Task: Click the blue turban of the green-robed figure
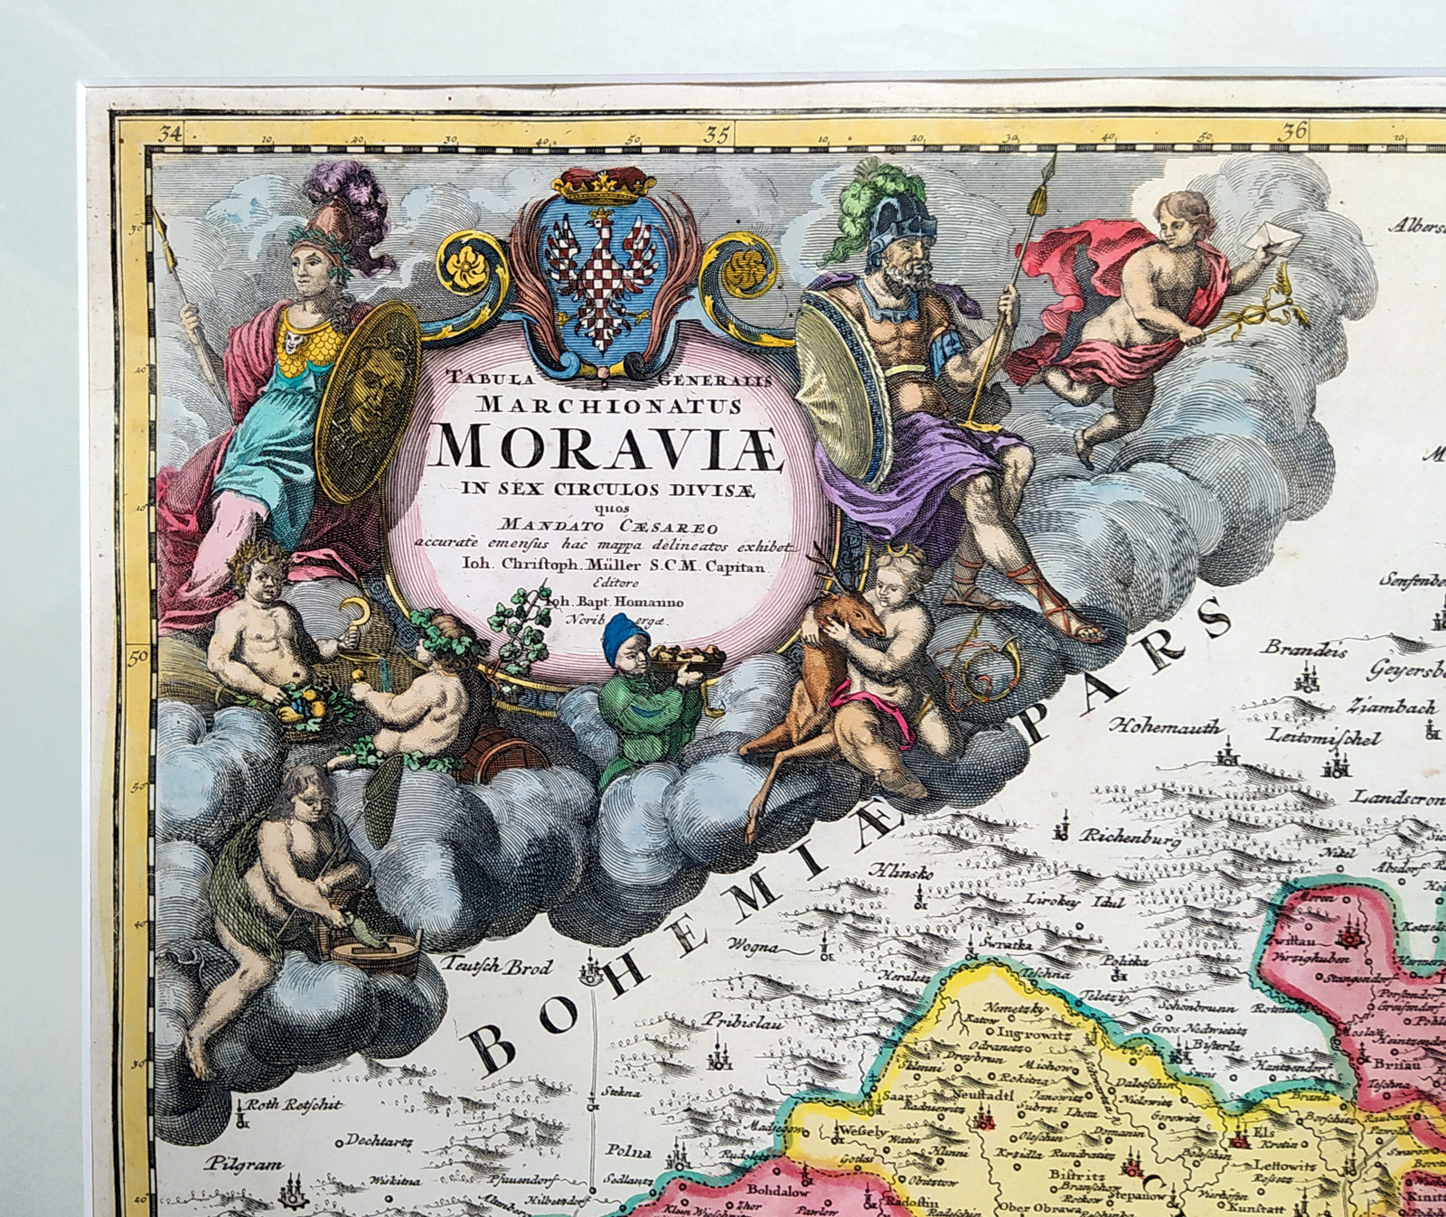[623, 632]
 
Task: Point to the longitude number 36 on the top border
[1294, 130]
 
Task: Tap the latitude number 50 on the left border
[138, 657]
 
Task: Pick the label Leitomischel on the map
[1325, 738]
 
